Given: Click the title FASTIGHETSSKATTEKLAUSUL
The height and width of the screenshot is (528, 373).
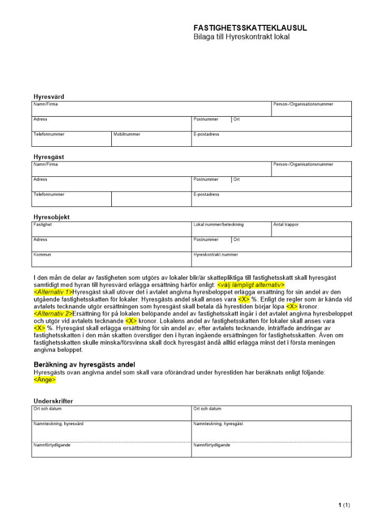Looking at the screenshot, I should coord(250,28).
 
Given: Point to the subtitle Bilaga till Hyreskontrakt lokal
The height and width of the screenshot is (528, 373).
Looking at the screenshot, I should coord(242,37).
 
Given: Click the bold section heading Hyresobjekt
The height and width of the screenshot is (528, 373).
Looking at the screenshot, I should coord(52,217).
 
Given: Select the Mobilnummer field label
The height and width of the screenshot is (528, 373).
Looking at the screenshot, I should coord(127,135).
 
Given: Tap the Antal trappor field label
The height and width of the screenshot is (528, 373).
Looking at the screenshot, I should coord(286,225).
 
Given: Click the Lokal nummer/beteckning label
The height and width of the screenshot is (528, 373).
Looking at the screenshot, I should coord(219,225).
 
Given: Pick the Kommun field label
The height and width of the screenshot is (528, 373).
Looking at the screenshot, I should coord(43,254).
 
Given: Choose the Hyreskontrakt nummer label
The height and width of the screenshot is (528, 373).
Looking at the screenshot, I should coord(216,254).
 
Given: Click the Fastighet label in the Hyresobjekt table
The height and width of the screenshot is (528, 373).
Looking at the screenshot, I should coord(43,225).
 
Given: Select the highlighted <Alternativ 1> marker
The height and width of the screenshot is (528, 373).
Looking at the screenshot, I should coord(53,292).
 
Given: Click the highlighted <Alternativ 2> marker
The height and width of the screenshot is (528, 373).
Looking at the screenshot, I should coord(53,314).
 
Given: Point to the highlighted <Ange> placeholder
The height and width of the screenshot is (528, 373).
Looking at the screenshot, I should coord(45,379).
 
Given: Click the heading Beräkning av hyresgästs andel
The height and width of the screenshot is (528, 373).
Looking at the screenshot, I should coord(84,364).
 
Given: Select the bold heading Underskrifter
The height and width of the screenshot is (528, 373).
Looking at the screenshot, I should coord(53,401).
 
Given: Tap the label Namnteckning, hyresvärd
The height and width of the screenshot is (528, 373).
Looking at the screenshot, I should coord(59,424).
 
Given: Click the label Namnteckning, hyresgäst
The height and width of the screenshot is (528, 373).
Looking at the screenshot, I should coord(218,424).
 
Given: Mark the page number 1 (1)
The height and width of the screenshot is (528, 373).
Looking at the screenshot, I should coord(344,505).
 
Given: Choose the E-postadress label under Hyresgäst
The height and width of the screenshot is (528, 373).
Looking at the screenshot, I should coord(207,195).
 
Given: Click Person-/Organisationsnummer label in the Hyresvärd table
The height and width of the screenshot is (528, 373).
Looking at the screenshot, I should coord(303,105).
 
